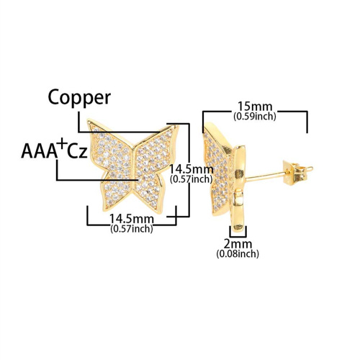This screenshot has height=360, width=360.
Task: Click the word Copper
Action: (x=79, y=98)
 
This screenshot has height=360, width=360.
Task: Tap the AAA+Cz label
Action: (x=54, y=148)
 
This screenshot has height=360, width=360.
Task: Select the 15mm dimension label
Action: (x=255, y=107)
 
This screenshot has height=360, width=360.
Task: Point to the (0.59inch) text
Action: (x=255, y=117)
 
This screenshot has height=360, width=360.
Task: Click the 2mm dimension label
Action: (x=238, y=244)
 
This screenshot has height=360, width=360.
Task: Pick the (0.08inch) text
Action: (x=238, y=254)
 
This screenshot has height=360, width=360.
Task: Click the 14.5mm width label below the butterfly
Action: (x=132, y=219)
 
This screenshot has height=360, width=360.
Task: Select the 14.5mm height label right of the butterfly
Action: (x=192, y=169)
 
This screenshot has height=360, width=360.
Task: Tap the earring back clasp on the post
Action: (x=295, y=173)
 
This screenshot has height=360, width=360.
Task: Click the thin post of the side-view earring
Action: (x=265, y=175)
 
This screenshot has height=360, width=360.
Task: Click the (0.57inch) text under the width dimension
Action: (x=132, y=229)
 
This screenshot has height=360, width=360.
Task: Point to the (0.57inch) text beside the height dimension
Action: (x=192, y=179)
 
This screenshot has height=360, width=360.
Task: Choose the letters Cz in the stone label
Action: (x=77, y=152)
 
